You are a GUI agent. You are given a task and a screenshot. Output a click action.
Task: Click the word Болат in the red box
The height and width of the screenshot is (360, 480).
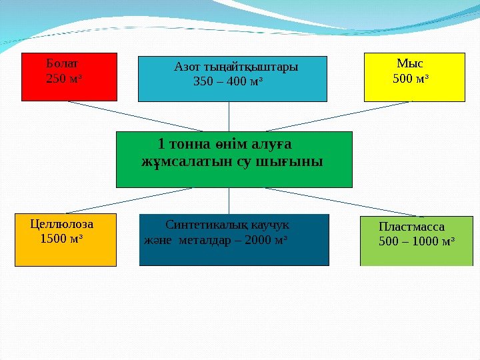pos(62,64)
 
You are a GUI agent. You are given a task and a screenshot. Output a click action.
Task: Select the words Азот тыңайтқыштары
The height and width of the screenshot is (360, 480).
pos(235,67)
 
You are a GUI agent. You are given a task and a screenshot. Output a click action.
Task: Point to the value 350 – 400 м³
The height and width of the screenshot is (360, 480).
pos(227,82)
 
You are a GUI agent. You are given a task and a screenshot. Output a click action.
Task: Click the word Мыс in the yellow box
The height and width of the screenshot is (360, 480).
pos(409,64)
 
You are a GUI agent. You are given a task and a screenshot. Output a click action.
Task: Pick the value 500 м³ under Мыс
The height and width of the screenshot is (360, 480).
pos(411,79)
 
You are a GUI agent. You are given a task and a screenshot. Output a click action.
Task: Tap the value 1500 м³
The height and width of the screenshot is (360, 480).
pos(62,238)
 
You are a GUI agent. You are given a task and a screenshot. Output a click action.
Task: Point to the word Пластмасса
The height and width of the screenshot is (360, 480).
pos(411,226)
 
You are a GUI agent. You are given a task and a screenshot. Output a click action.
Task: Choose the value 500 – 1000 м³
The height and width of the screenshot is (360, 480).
pos(417,241)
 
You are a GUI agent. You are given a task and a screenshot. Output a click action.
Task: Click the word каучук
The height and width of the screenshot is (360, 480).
pos(271,225)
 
